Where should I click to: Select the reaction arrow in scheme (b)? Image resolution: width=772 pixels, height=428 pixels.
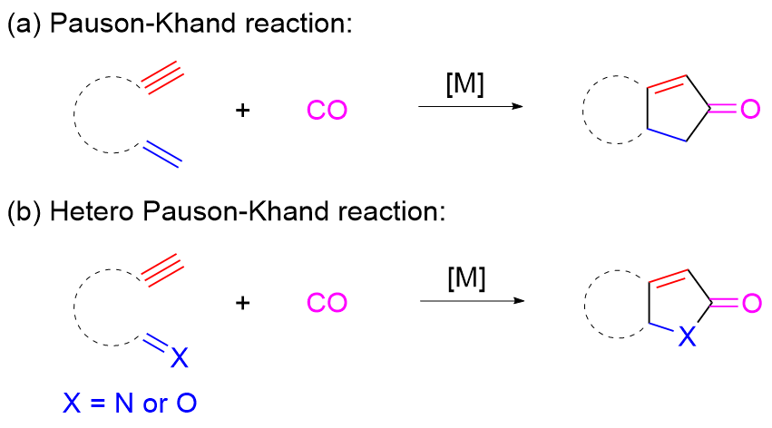click(x=471, y=299)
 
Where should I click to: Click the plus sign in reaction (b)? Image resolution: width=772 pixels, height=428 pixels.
click(x=242, y=303)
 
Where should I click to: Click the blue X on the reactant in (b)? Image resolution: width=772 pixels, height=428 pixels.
click(x=179, y=360)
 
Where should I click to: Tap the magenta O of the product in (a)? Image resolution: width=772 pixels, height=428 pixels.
click(x=748, y=111)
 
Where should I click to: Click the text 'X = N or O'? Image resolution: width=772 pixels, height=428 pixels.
click(x=130, y=403)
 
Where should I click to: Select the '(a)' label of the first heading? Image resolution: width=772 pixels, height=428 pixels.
click(x=24, y=24)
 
